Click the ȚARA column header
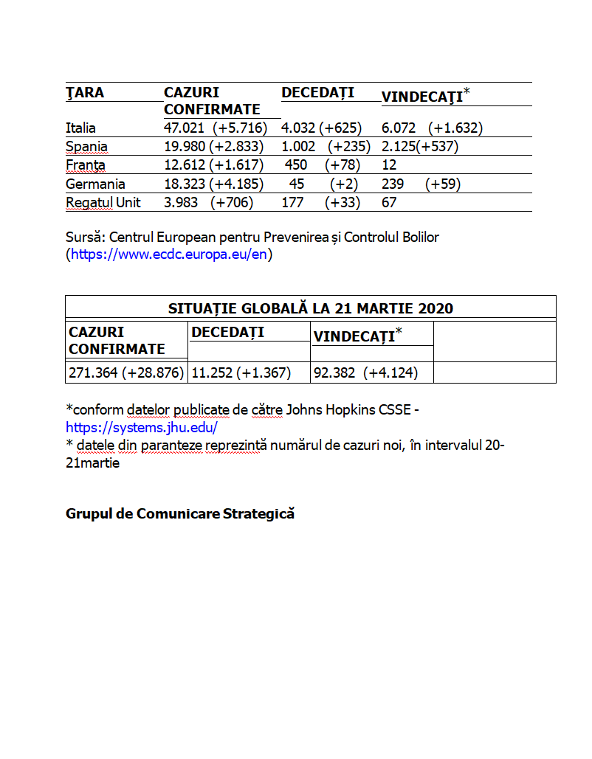coord(85,93)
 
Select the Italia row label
coord(80,128)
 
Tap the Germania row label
coord(95,184)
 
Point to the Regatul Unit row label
coord(103,203)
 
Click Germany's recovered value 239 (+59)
coord(421,184)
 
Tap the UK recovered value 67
coord(389,203)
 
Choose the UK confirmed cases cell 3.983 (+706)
coord(208,203)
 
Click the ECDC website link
coord(169,255)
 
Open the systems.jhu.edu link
coord(142,427)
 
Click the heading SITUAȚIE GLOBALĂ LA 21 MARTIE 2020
coord(311,308)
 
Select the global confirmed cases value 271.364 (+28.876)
coord(126,373)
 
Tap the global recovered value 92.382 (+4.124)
coord(365,373)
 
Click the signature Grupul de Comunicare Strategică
coord(180,514)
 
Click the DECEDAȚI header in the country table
coord(317,92)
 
